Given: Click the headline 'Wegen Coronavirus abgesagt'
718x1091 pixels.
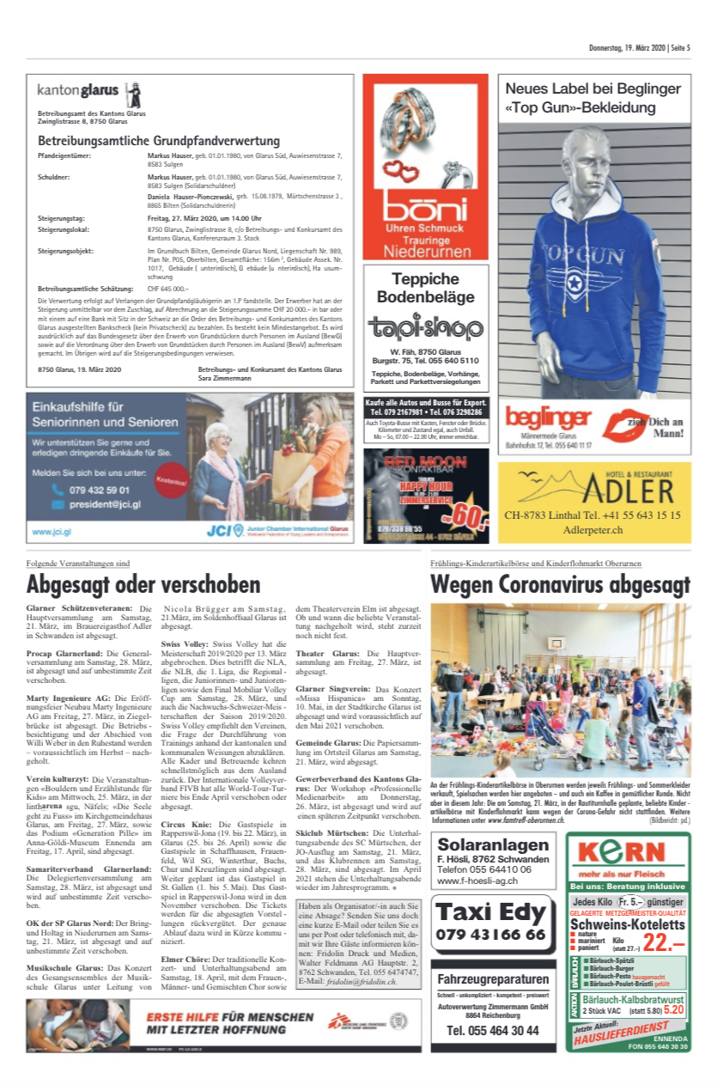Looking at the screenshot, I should pos(560,585).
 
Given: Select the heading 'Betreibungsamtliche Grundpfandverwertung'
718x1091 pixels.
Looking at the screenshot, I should pos(159,141).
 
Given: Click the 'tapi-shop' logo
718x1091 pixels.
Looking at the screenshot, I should pos(426,327).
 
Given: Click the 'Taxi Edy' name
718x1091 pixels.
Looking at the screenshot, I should pos(489,911).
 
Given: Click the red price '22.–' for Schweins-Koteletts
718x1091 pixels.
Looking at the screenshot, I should pos(662,942).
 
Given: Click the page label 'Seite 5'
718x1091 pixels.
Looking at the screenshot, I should pos(680,48).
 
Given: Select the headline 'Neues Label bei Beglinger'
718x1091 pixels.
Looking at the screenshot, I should pos(593,88).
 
